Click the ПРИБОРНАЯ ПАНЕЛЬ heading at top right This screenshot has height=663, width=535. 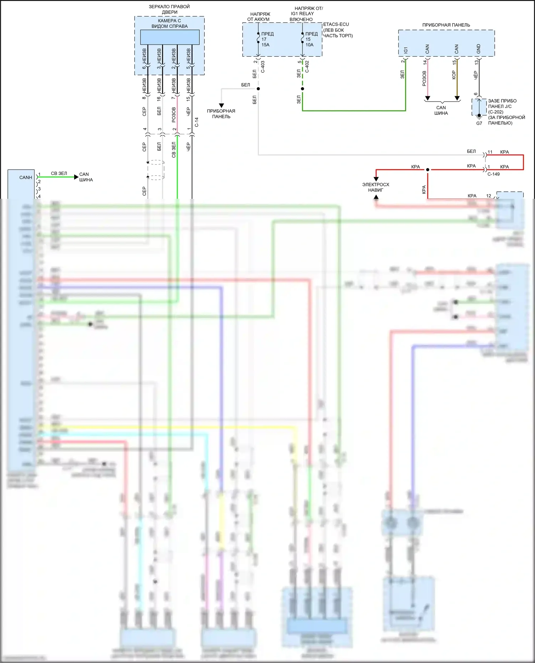[446, 25]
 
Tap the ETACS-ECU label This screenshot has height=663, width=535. [336, 24]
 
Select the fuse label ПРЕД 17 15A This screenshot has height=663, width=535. [267, 39]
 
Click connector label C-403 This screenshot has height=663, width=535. [263, 67]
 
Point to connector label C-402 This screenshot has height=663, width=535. [307, 67]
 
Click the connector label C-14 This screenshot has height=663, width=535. [197, 122]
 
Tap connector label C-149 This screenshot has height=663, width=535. [494, 174]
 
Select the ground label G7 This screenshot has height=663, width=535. [479, 123]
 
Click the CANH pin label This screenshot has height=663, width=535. [26, 177]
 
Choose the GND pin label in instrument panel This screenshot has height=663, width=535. [478, 49]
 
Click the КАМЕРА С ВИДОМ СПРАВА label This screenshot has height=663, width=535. [169, 24]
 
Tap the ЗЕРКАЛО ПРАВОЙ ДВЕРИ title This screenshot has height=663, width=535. [169, 9]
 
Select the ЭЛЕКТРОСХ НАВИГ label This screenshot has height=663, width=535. [376, 187]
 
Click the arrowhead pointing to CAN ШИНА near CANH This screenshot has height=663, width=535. [76, 177]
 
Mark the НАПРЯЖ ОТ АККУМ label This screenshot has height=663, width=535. [259, 17]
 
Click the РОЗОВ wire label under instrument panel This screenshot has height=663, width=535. [424, 78]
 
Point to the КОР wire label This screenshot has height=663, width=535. [454, 75]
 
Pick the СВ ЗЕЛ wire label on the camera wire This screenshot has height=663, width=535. [174, 150]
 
